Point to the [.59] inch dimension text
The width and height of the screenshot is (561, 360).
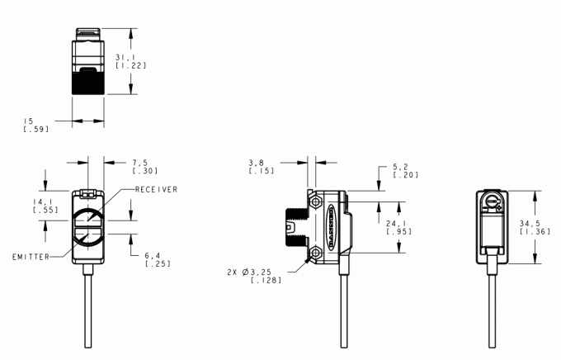[36, 130]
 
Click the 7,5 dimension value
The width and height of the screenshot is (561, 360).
[139, 163]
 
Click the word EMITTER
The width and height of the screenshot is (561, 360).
[29, 257]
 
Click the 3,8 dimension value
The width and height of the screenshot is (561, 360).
[257, 163]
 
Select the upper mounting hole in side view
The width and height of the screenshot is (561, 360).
[316, 202]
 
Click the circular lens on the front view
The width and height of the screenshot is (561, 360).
[89, 227]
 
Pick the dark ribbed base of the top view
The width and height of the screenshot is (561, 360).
[87, 81]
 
